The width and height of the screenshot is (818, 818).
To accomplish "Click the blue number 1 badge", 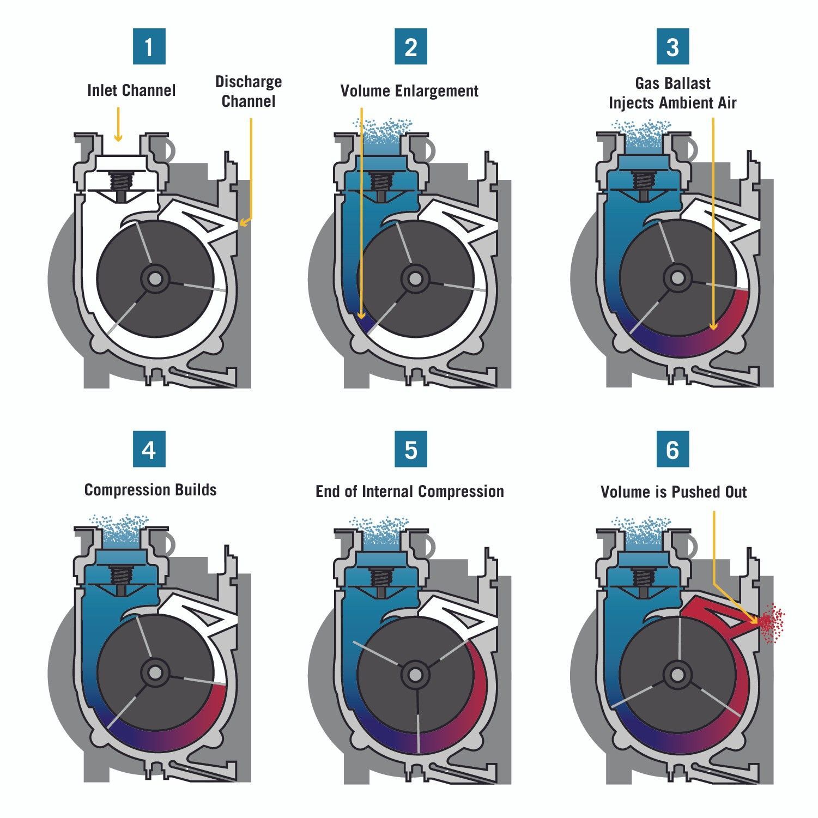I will [x=149, y=47].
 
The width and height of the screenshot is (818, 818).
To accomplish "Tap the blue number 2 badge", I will [x=411, y=47].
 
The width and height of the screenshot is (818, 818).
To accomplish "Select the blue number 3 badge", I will [x=672, y=47].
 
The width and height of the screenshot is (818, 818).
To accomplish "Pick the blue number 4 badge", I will [x=149, y=450].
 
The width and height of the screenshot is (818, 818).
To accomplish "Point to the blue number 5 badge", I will [x=411, y=450].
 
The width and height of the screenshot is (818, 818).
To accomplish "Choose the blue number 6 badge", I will [x=672, y=450].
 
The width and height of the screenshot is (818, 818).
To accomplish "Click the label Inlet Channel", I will [x=131, y=90].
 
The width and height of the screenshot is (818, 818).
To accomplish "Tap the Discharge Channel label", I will [x=249, y=92].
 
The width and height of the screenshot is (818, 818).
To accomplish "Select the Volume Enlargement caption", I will [x=409, y=90].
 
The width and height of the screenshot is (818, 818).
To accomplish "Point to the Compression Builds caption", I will [x=150, y=490].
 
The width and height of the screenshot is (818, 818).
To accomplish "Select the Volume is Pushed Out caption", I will [x=674, y=492].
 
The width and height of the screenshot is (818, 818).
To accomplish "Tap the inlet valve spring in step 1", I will [x=120, y=180].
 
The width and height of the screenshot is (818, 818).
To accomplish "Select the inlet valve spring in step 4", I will [x=120, y=574].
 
